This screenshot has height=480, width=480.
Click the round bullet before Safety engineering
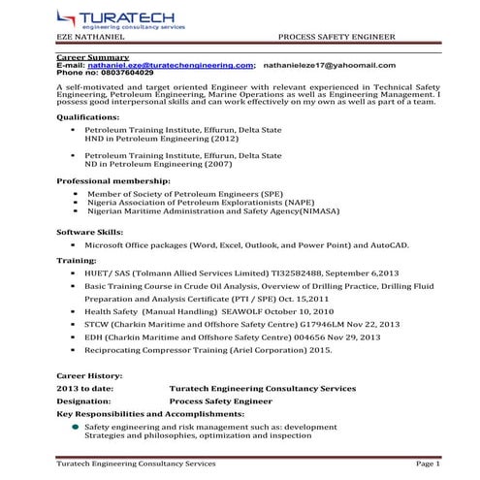[x=75, y=426]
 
